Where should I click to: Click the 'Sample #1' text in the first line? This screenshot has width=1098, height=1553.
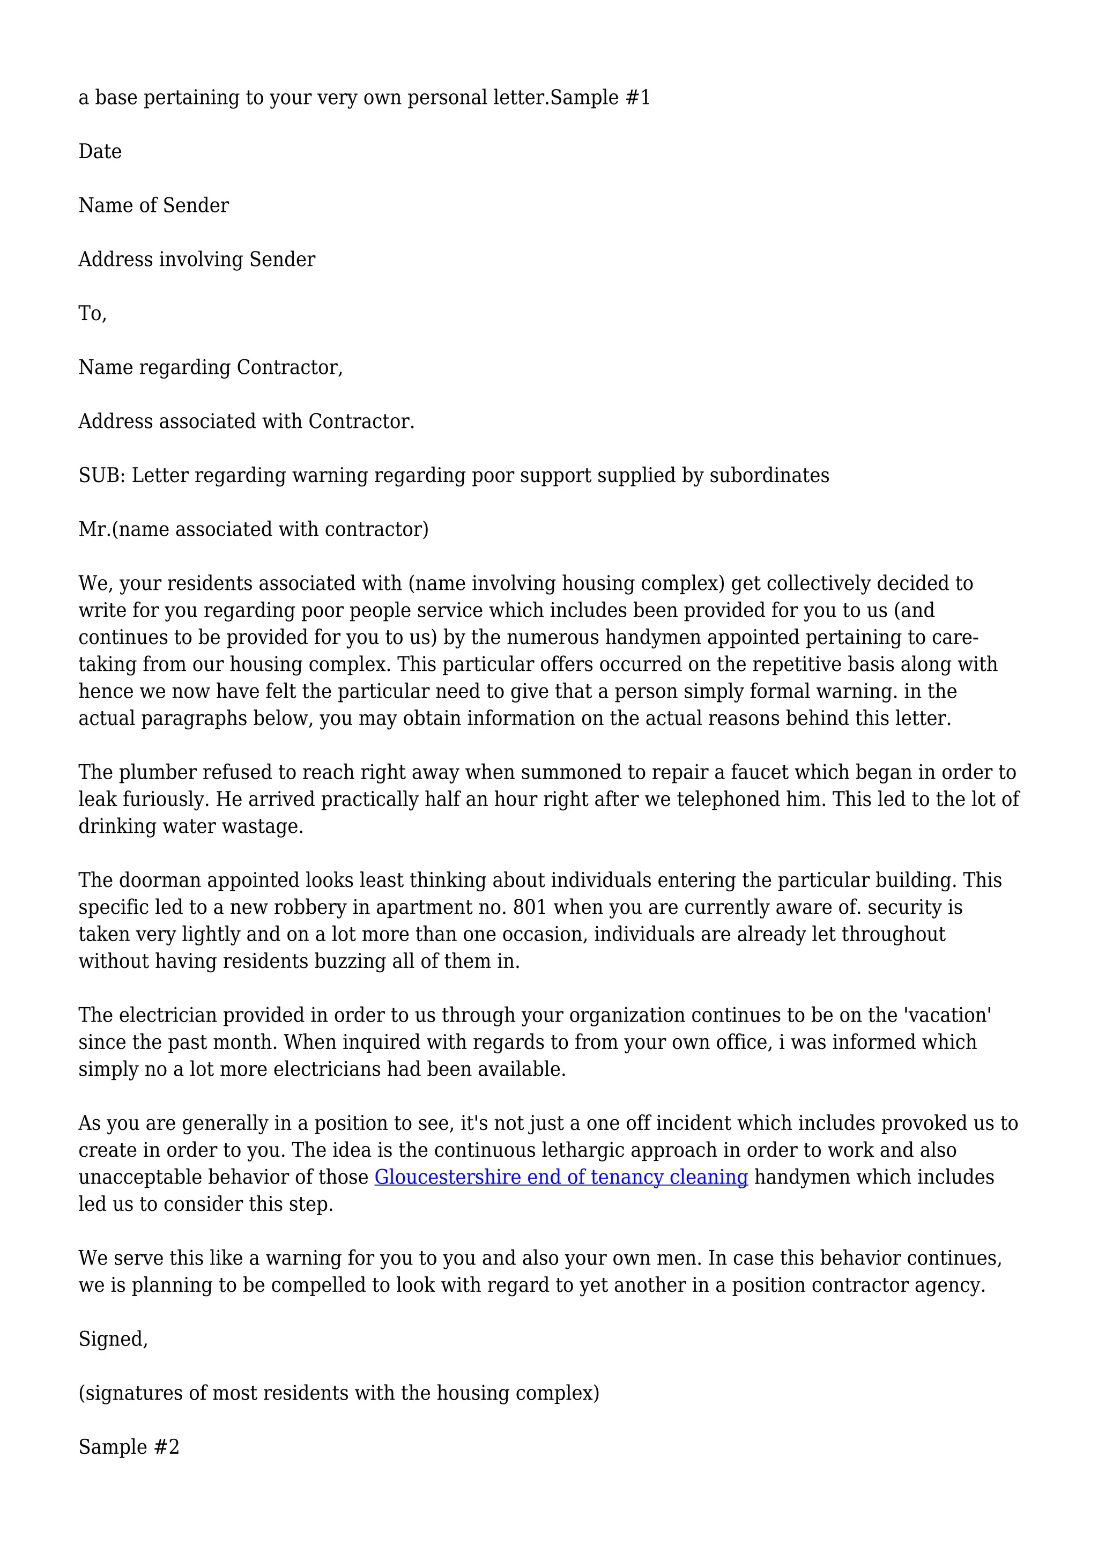pyautogui.click(x=600, y=98)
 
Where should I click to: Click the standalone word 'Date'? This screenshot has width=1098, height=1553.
pyautogui.click(x=100, y=152)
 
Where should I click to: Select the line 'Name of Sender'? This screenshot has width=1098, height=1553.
pyautogui.click(x=153, y=205)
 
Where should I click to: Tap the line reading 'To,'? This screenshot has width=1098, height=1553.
pyautogui.click(x=93, y=314)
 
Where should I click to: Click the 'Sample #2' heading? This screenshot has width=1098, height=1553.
pyautogui.click(x=129, y=1447)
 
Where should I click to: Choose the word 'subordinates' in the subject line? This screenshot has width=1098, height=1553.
pyautogui.click(x=769, y=476)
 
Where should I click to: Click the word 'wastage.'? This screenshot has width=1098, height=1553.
pyautogui.click(x=262, y=826)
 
